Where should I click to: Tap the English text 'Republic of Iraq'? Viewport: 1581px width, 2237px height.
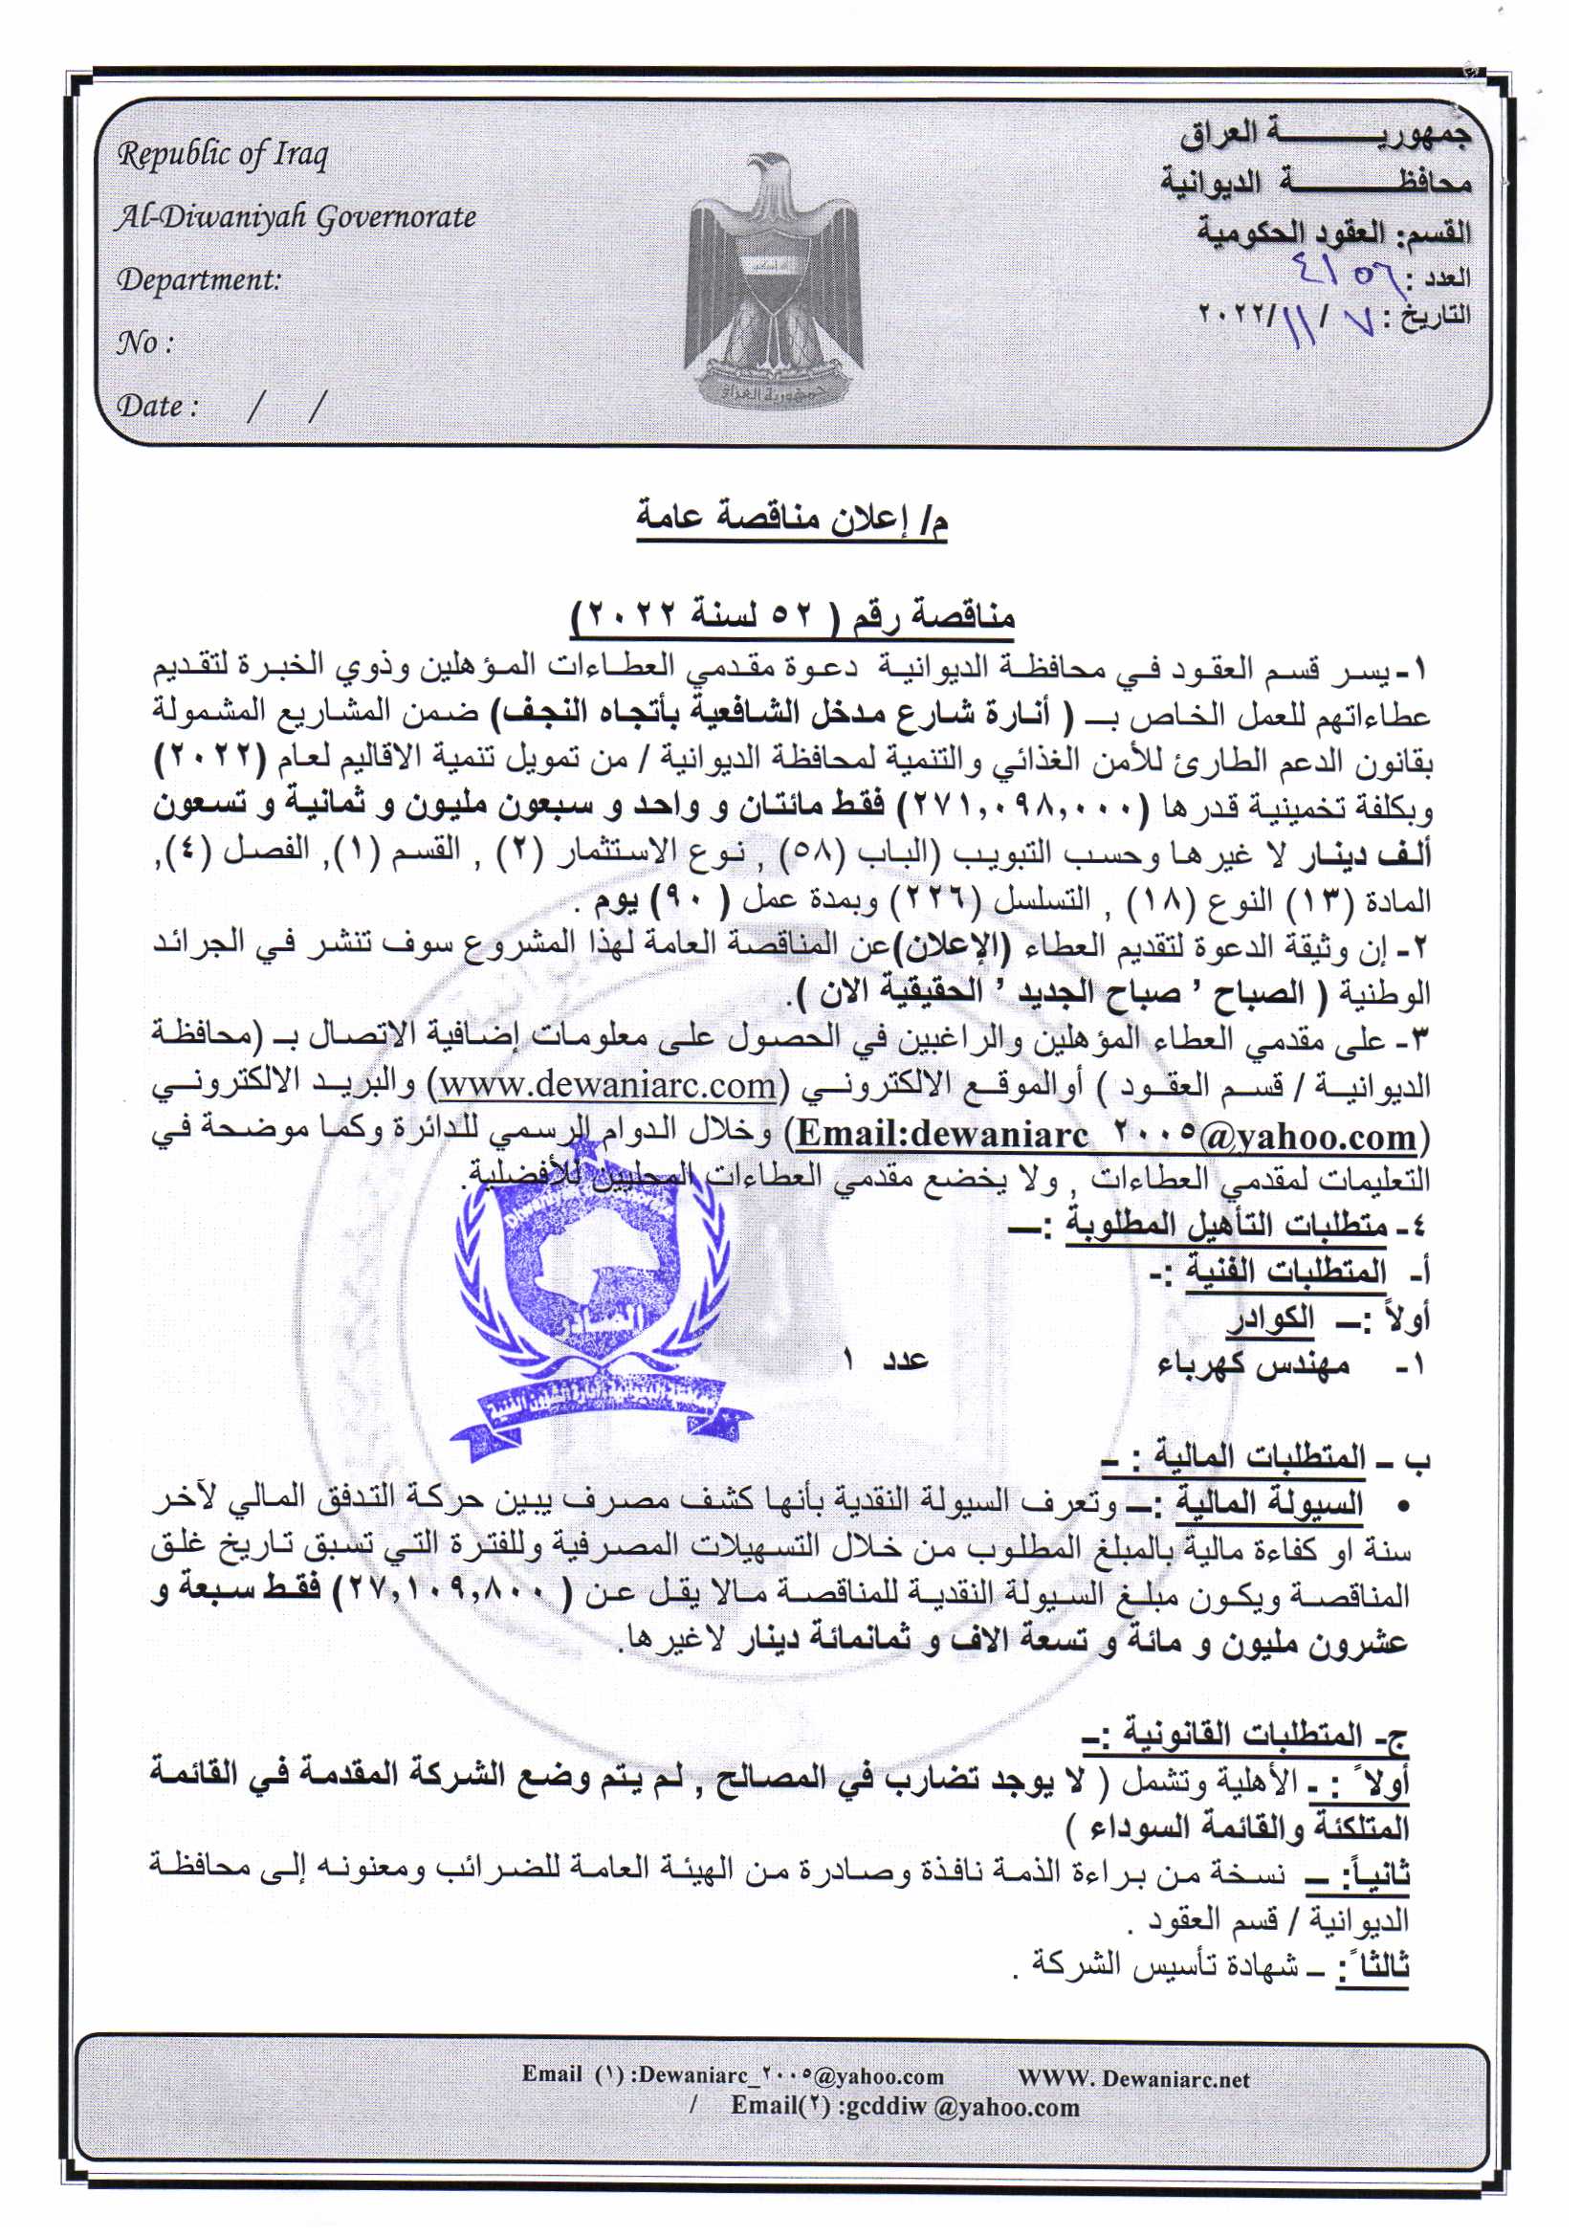pos(223,155)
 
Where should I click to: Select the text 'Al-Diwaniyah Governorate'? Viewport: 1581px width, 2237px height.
pos(296,217)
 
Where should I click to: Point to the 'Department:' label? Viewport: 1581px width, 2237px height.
pos(199,280)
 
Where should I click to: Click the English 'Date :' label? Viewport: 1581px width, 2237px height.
pos(158,406)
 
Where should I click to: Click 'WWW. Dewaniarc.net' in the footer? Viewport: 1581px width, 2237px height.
pos(1132,2078)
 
